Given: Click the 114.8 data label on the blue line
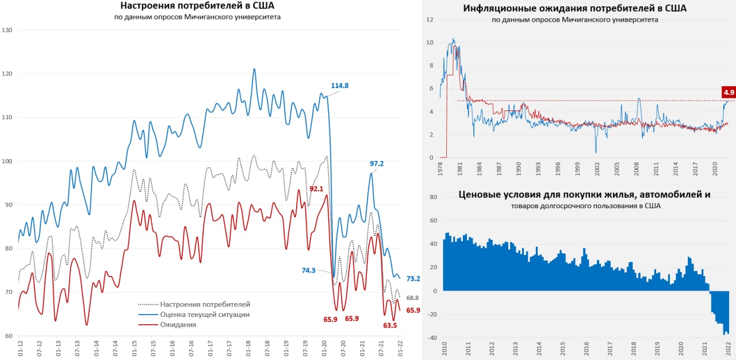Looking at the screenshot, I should coord(340,86).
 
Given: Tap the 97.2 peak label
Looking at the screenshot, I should coord(377,163).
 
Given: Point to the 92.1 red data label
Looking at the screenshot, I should coord(317,189).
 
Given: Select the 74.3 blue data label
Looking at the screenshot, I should coord(308,270).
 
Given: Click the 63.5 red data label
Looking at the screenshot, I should coord(389,325).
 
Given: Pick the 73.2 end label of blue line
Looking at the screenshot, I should coord(413,278).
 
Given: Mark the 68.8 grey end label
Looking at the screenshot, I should coord(413,298).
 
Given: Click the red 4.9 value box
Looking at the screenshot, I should coord(729,92).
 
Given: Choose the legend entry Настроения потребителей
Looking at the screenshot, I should coord(205,304).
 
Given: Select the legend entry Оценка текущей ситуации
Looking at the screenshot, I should coord(205,315).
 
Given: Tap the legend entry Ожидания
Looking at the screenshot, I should coord(178,324).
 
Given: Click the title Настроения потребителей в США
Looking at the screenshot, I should coord(197,6).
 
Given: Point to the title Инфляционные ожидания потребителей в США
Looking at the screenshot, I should coord(575,9).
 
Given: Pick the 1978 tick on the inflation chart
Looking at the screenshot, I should coord(440,170).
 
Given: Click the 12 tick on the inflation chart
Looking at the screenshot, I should coord(429,20).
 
